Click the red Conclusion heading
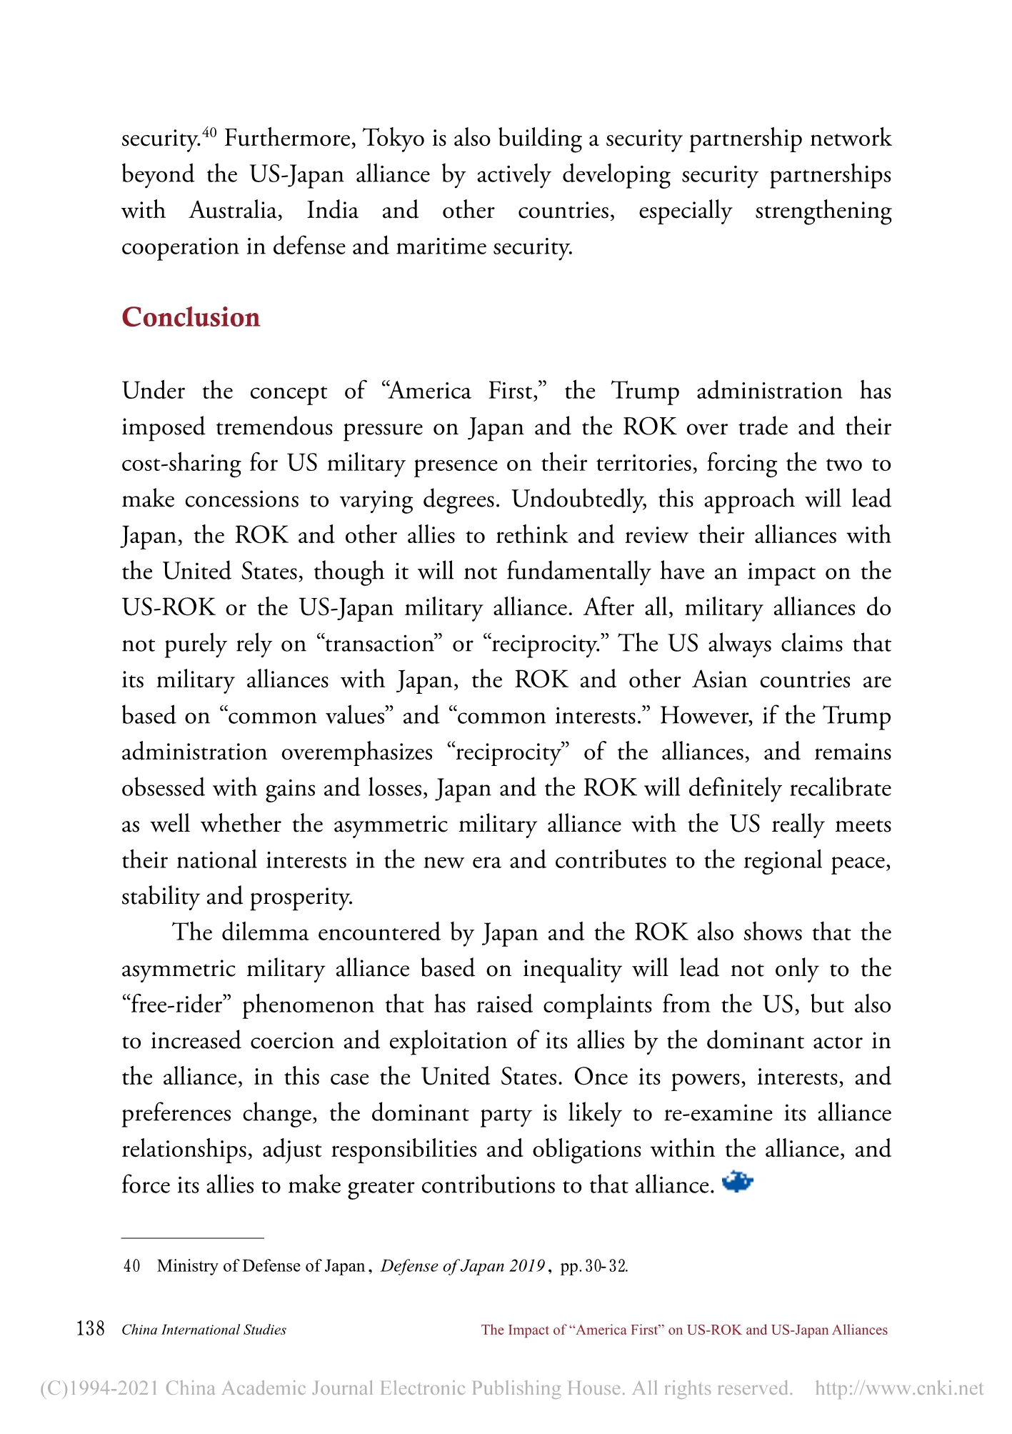191,317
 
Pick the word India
332,211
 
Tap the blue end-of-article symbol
738,1182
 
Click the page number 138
91,1329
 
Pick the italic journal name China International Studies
204,1330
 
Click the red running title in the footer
684,1330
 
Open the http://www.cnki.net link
899,1388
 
